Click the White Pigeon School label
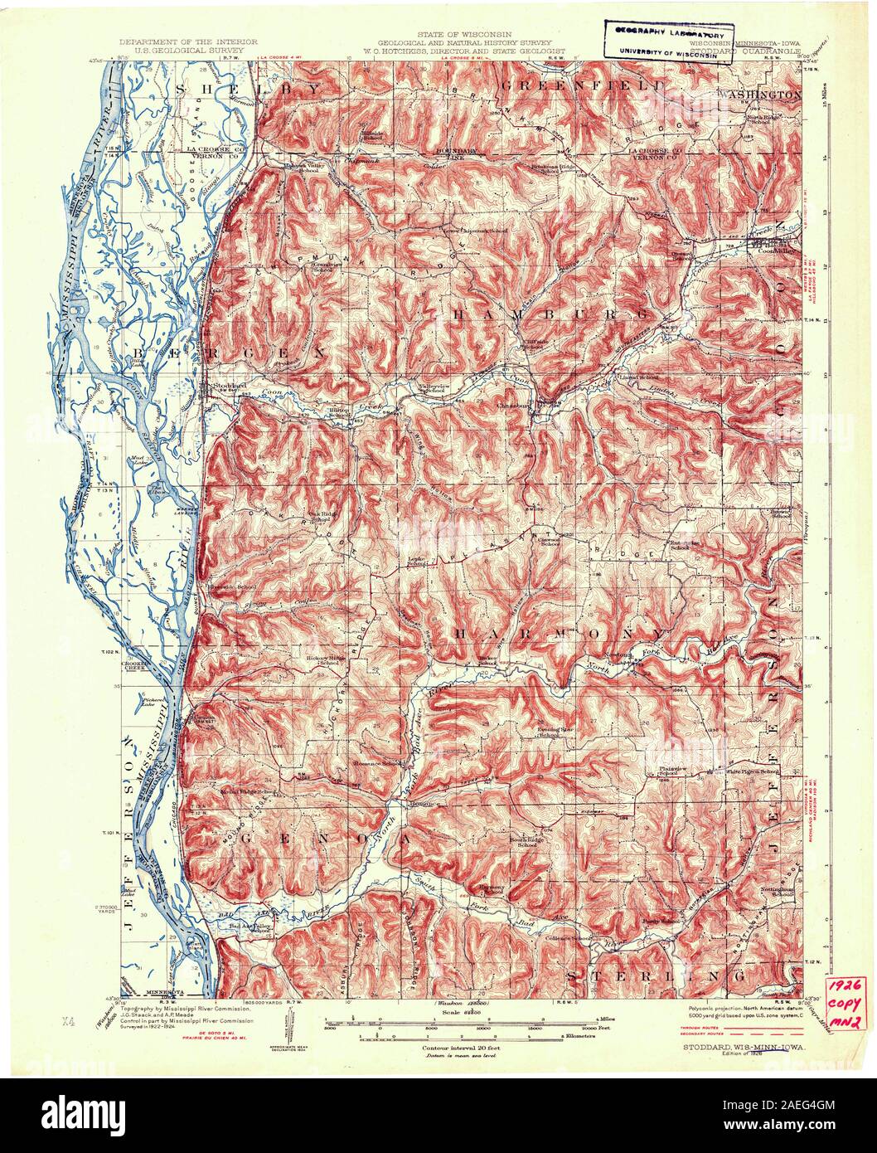tap(752, 772)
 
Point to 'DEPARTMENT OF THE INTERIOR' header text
tap(188, 41)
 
